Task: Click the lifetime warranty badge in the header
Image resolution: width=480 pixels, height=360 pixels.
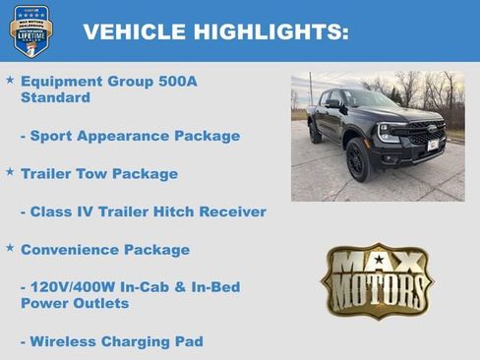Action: (30, 30)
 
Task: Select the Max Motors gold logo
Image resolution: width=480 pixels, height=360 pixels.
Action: (377, 281)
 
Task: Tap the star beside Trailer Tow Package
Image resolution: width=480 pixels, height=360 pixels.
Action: (10, 172)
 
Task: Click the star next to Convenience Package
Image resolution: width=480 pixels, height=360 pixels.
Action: (10, 248)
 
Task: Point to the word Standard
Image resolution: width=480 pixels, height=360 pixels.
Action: (55, 98)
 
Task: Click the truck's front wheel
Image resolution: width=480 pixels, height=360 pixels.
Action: (359, 160)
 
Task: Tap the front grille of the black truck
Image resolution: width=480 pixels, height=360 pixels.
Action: (425, 134)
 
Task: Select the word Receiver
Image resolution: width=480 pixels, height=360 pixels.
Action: (235, 211)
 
